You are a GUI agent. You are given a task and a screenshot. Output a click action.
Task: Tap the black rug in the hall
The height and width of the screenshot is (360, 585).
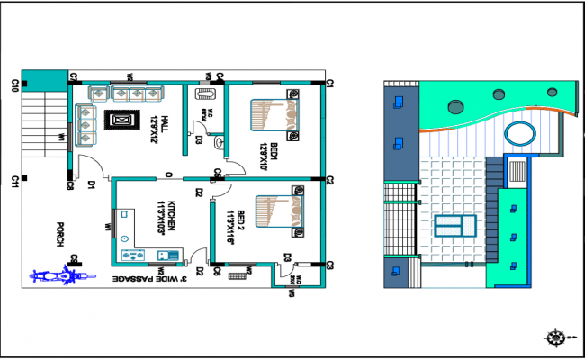coord(121,120)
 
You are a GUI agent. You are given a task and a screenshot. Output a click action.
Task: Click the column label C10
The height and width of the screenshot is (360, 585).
coord(15,85)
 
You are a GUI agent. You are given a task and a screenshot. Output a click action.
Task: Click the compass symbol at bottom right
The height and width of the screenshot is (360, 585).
coord(555,337)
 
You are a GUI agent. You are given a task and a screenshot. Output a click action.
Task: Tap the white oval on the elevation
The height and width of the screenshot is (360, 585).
coord(517,135)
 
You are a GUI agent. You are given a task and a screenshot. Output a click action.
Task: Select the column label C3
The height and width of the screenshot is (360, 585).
coord(330,265)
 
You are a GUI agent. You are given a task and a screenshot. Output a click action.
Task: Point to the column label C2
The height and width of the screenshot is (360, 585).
coord(330,181)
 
